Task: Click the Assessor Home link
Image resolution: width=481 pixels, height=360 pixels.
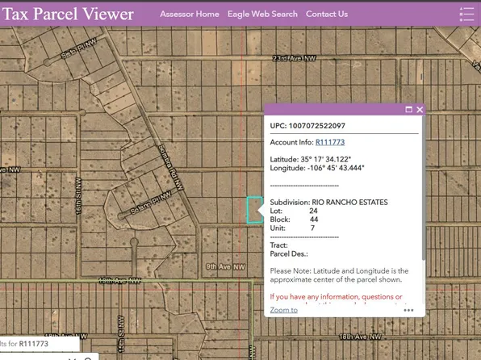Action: point(189,14)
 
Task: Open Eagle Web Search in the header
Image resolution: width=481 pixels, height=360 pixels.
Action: point(262,14)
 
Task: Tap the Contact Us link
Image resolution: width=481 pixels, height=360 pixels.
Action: point(327,14)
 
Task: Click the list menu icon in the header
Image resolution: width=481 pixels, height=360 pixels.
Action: point(466,15)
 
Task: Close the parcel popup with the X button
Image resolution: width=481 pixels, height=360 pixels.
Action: point(420,110)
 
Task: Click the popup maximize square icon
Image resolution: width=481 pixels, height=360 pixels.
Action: point(408,110)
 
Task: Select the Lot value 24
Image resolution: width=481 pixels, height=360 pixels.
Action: point(313,211)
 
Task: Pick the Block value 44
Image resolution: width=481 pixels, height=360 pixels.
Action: point(313,220)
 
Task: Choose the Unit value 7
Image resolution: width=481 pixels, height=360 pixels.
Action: point(312,228)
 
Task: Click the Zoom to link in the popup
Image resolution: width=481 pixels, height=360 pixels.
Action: point(283,310)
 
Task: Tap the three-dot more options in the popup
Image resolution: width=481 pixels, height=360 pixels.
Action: point(409,310)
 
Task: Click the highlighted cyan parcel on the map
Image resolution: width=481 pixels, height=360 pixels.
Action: point(253,209)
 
